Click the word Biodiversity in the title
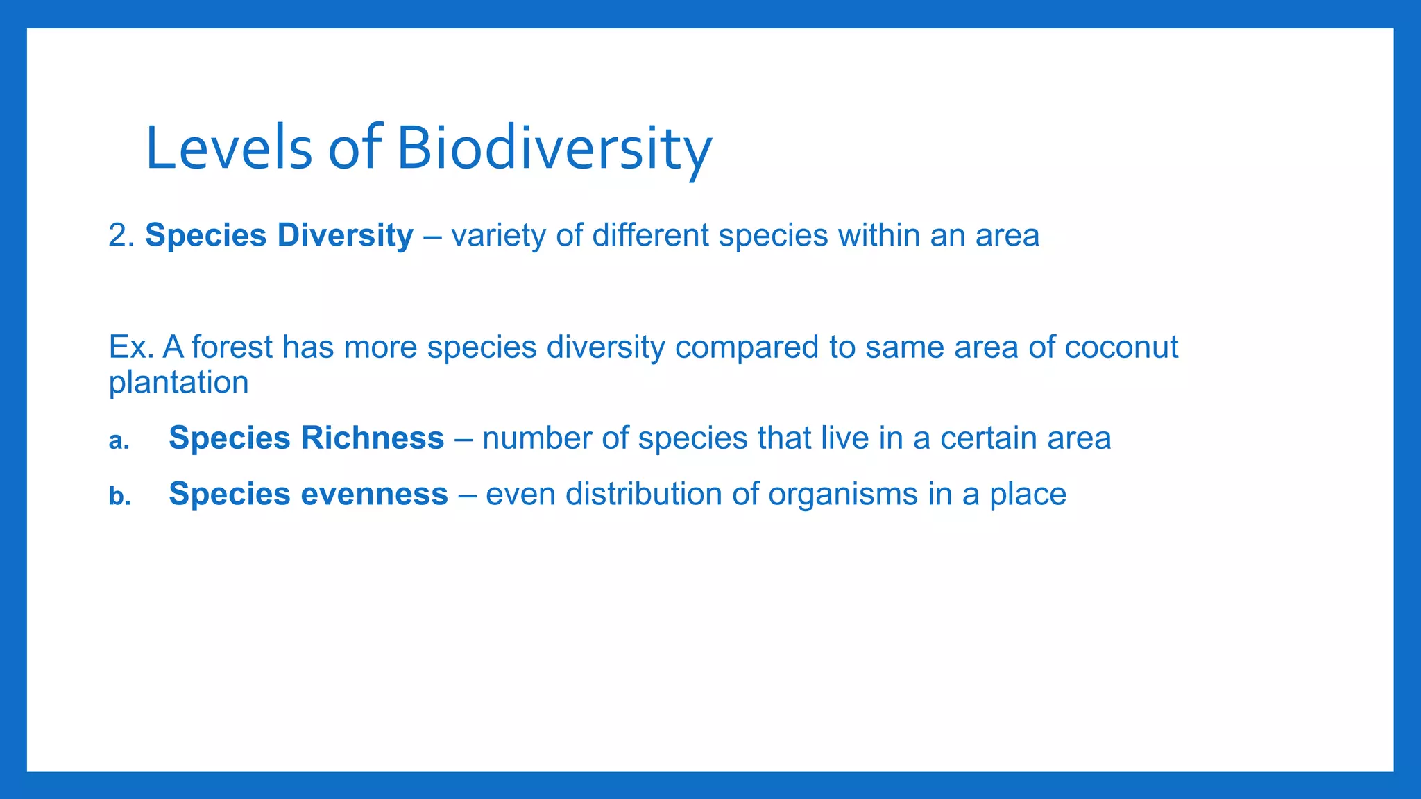554,148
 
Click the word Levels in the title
229,148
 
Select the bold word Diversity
345,236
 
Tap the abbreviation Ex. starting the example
130,347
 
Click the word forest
232,347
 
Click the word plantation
178,383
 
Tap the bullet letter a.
119,441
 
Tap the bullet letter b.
119,497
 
